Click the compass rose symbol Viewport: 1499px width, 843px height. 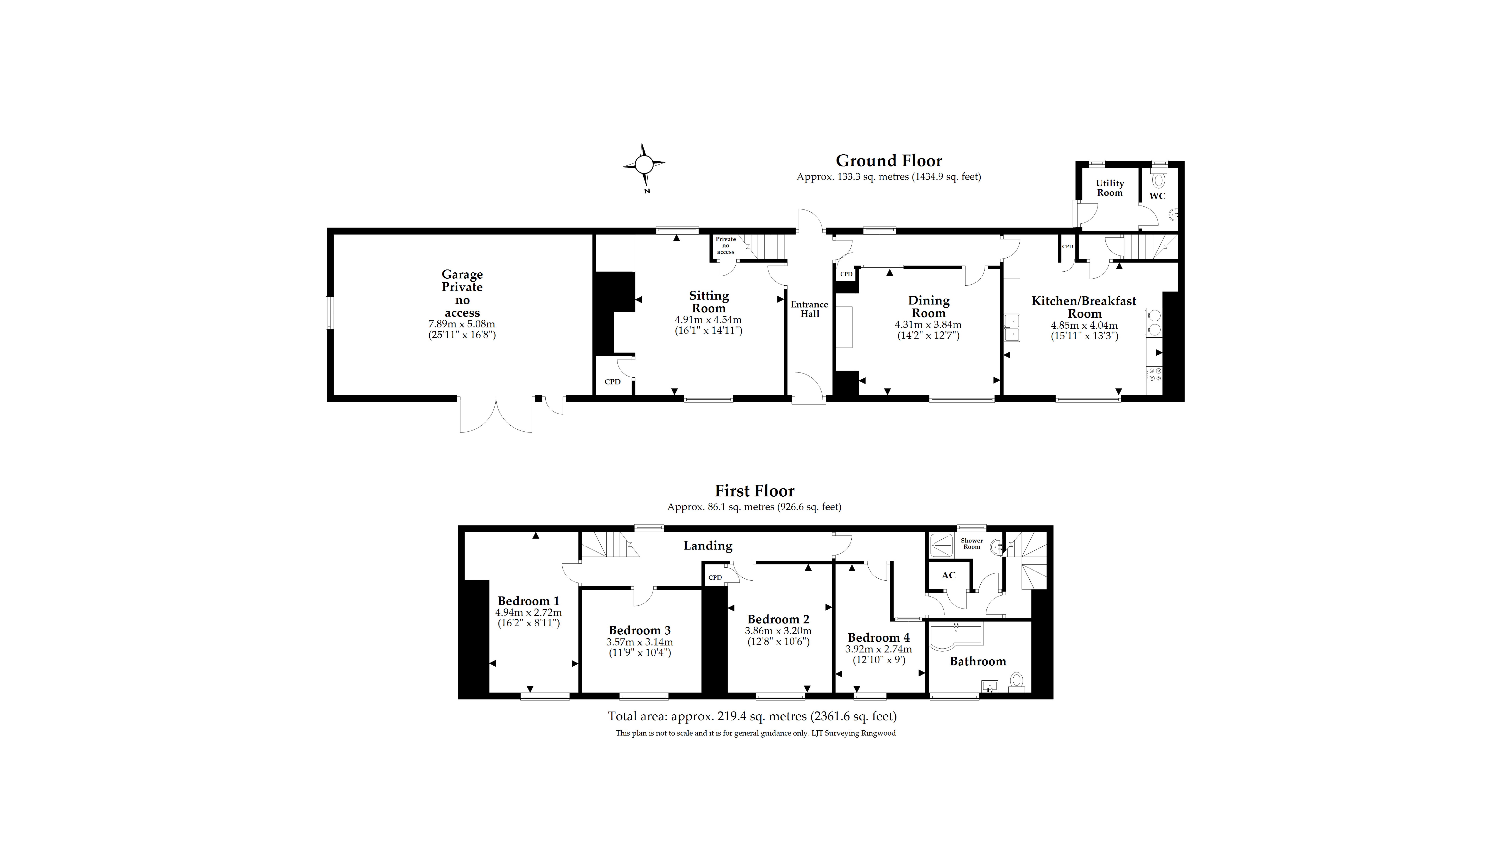644,165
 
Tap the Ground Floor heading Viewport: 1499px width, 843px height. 889,161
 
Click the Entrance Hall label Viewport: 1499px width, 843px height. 809,309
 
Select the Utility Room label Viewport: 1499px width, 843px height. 1110,188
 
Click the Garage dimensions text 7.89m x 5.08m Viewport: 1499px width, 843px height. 462,324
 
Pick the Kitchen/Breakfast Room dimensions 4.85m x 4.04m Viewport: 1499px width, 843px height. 1084,326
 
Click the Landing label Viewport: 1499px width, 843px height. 708,546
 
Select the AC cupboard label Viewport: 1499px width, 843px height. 949,575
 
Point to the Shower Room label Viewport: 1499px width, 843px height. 972,543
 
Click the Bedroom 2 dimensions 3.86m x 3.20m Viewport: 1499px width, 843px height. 778,631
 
